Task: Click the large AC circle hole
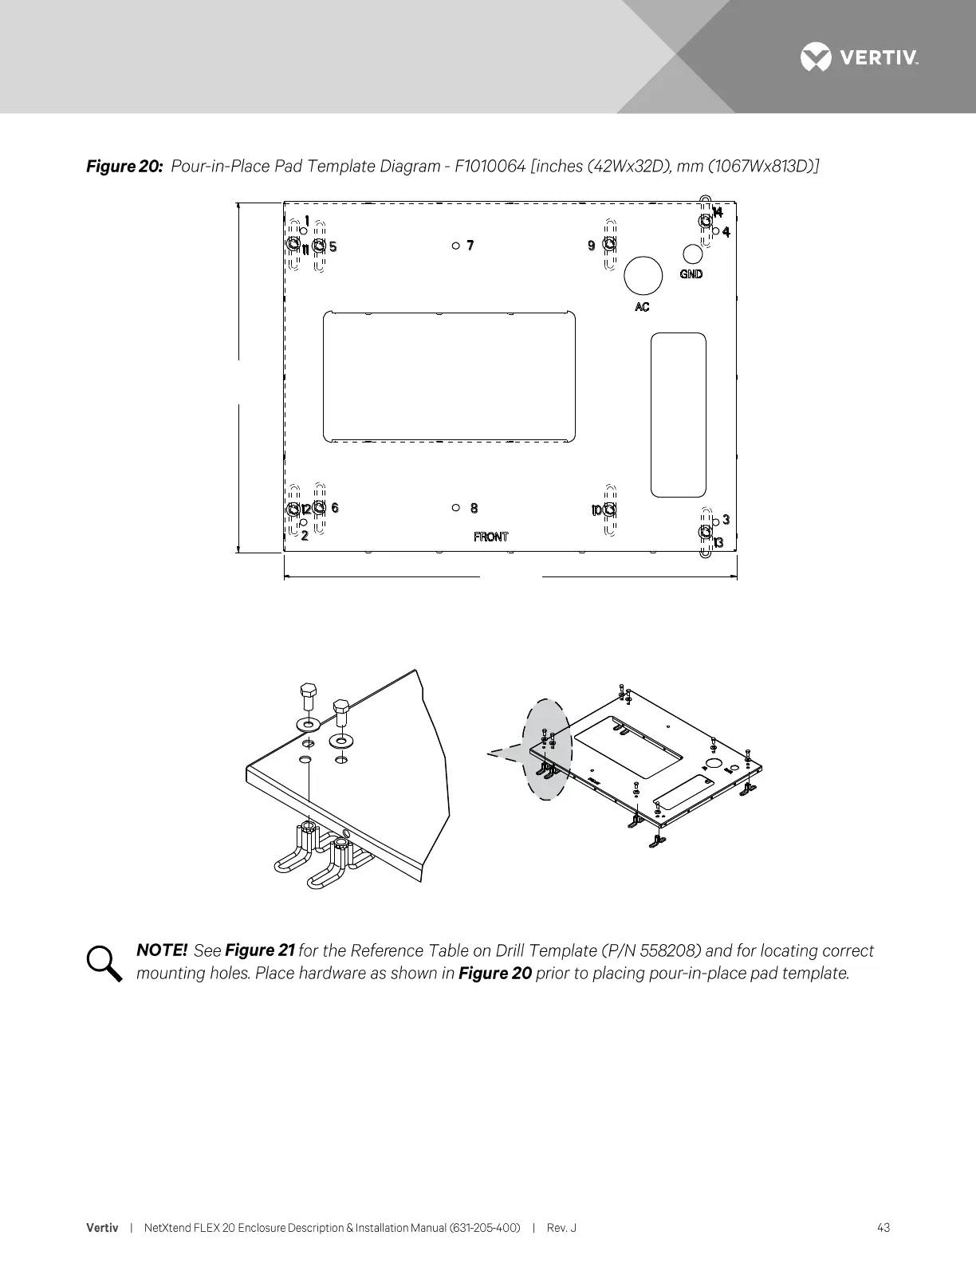click(x=643, y=276)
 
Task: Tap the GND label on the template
click(x=691, y=274)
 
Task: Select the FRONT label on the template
click(x=490, y=537)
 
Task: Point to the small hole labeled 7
click(x=455, y=246)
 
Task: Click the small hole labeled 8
click(x=455, y=507)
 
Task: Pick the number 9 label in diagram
click(x=592, y=246)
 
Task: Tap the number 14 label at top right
click(x=718, y=212)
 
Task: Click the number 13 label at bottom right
click(x=718, y=543)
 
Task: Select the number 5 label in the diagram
click(x=333, y=246)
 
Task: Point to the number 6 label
click(x=335, y=508)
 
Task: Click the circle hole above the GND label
click(x=693, y=254)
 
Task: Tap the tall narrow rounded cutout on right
click(x=679, y=415)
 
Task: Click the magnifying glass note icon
click(x=104, y=963)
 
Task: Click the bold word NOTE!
click(x=162, y=950)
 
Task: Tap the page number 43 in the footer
click(x=883, y=1227)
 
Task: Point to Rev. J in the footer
click(x=561, y=1227)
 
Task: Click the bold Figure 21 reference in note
click(x=261, y=950)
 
